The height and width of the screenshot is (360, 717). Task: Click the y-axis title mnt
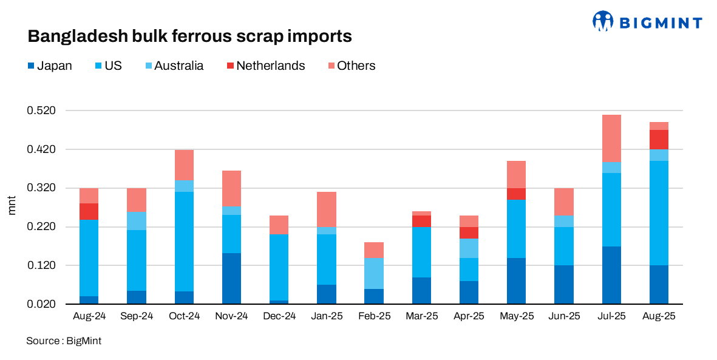point(12,207)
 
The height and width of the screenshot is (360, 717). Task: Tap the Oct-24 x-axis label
point(184,316)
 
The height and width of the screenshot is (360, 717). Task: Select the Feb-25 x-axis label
point(374,316)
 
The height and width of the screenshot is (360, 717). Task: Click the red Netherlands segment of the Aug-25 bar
point(659,140)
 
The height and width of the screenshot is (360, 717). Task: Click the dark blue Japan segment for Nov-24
point(231,278)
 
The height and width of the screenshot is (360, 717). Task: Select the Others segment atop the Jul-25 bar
point(611,138)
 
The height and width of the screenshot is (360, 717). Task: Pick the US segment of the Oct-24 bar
point(184,242)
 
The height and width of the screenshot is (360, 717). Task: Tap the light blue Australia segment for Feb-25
point(374,273)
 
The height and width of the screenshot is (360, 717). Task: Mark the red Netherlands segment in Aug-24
point(89,211)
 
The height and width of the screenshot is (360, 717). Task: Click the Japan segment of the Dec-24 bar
point(279,302)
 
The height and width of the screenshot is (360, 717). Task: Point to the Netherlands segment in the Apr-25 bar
point(469,233)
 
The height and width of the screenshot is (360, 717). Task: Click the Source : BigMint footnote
point(64,341)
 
